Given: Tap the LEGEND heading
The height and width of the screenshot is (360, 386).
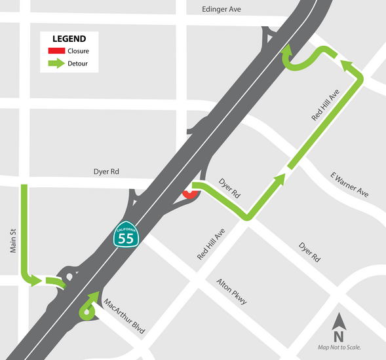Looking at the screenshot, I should point(69,38).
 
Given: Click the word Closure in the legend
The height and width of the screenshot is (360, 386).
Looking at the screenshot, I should point(78,50).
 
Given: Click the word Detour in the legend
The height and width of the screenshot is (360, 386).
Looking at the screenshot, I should point(77,63).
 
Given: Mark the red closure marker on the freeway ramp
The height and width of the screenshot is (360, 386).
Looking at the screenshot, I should point(189,194).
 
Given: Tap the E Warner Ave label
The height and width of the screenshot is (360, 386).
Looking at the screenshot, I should point(349,185).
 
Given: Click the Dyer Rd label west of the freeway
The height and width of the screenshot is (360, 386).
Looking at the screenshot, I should point(106,172).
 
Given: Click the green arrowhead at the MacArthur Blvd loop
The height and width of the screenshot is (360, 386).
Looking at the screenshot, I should point(98,296).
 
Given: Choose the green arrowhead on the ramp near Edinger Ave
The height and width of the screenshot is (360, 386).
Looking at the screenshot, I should point(286,50).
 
